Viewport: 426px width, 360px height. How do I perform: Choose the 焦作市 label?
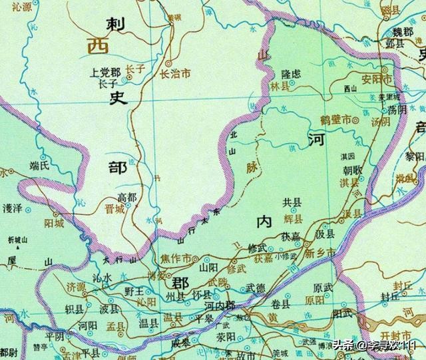pos(176,258)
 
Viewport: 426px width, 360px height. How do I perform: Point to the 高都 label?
pos(128,197)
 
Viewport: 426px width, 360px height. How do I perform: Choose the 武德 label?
pos(256,287)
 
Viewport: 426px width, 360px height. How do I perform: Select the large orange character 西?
pos(91,47)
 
